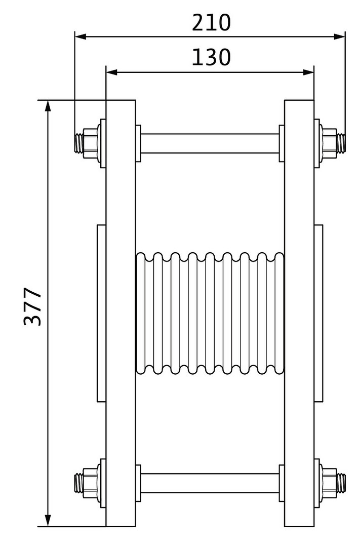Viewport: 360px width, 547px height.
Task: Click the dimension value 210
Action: click(212, 23)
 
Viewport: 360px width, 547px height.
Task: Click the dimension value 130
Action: click(212, 57)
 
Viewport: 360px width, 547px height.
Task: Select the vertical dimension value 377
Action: click(33, 306)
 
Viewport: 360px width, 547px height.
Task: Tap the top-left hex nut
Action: click(90, 143)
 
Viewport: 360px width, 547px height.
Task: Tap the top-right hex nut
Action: click(329, 143)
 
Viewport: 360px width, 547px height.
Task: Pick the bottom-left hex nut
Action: click(90, 483)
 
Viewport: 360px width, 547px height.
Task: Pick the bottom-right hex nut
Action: click(329, 483)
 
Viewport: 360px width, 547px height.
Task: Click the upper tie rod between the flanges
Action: click(210, 143)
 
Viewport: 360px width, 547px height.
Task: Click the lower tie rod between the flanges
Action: click(210, 483)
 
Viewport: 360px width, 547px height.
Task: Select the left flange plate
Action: click(121, 313)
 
